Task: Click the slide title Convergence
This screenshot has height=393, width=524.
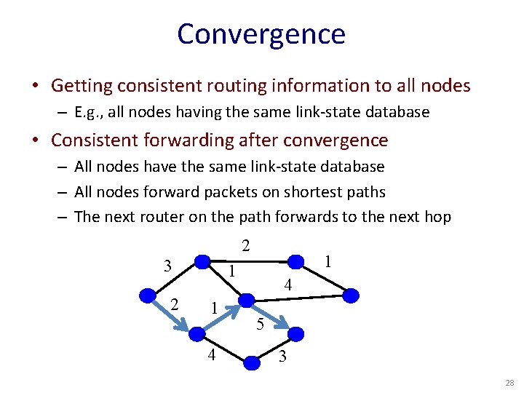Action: [x=261, y=34]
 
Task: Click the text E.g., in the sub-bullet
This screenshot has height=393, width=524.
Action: [x=88, y=113]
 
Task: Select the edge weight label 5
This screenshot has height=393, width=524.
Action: [x=260, y=325]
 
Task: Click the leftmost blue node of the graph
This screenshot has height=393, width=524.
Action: [x=148, y=295]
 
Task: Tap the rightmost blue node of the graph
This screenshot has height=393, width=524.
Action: [x=351, y=295]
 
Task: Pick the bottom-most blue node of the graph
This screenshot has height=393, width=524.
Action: [x=251, y=362]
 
